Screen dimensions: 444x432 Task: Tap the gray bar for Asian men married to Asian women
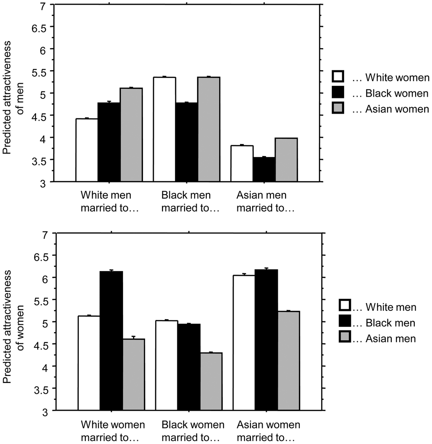click(x=286, y=160)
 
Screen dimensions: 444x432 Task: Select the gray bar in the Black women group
click(x=211, y=381)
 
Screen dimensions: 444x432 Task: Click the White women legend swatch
click(x=338, y=77)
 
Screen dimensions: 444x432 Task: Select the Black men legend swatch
click(x=345, y=323)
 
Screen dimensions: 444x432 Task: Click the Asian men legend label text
click(x=386, y=339)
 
